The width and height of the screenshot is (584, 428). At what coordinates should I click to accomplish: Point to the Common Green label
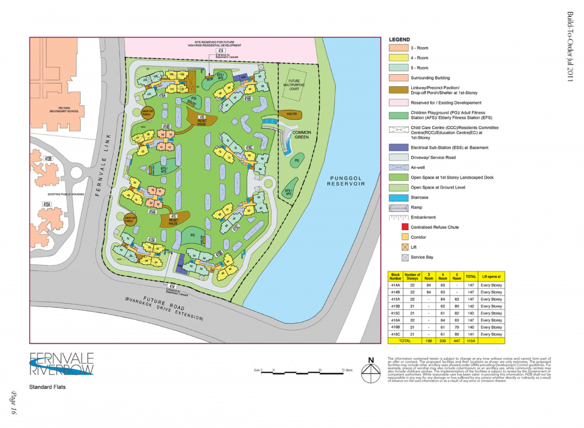click(x=301, y=134)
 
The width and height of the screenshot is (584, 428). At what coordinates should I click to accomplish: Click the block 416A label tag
click(x=162, y=95)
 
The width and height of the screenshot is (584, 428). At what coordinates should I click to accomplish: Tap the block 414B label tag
click(x=166, y=126)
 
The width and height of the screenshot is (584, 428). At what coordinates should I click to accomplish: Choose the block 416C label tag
click(x=249, y=148)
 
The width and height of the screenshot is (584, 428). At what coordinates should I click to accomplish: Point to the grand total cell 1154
click(x=471, y=341)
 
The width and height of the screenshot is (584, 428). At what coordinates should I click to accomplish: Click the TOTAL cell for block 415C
click(x=471, y=313)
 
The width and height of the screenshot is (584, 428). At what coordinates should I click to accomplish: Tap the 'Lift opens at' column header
click(x=491, y=276)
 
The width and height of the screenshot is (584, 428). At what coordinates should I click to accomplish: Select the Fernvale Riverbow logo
click(x=61, y=364)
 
